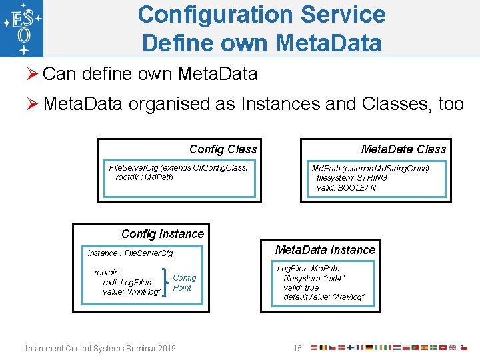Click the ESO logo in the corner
click(21, 28)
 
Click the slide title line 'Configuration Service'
click(261, 14)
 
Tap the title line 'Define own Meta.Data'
click(261, 43)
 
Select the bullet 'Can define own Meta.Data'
click(149, 74)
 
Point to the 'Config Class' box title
click(223, 149)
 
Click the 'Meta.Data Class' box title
click(403, 149)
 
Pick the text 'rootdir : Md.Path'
click(144, 177)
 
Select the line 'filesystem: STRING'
click(351, 178)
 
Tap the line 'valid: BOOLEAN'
click(346, 188)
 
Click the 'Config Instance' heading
click(163, 234)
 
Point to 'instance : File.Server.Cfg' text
click(130, 253)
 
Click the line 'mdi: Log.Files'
click(127, 283)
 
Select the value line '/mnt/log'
click(131, 292)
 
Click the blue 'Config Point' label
click(184, 283)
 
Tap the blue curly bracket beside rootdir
click(165, 283)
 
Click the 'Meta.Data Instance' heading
click(325, 250)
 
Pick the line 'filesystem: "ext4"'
click(314, 278)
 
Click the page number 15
click(297, 349)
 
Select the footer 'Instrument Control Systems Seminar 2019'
click(101, 349)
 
